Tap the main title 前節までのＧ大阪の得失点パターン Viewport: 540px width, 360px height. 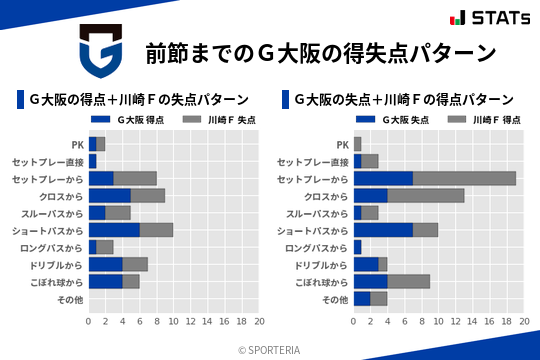click(320, 53)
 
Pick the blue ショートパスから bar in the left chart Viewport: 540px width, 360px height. click(114, 230)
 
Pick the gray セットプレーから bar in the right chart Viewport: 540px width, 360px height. click(464, 178)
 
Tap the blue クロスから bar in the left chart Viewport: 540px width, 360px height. click(109, 195)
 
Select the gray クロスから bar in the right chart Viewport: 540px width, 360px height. click(425, 195)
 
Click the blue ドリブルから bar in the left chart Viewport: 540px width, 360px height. click(105, 264)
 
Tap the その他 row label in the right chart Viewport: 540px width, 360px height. click(334, 299)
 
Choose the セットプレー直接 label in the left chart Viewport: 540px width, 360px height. click(47, 161)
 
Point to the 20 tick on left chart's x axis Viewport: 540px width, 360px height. click(258, 322)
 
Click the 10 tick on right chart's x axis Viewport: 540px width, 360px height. click(439, 322)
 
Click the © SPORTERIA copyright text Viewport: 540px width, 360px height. click(270, 349)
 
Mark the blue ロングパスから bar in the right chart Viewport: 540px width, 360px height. click(357, 247)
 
